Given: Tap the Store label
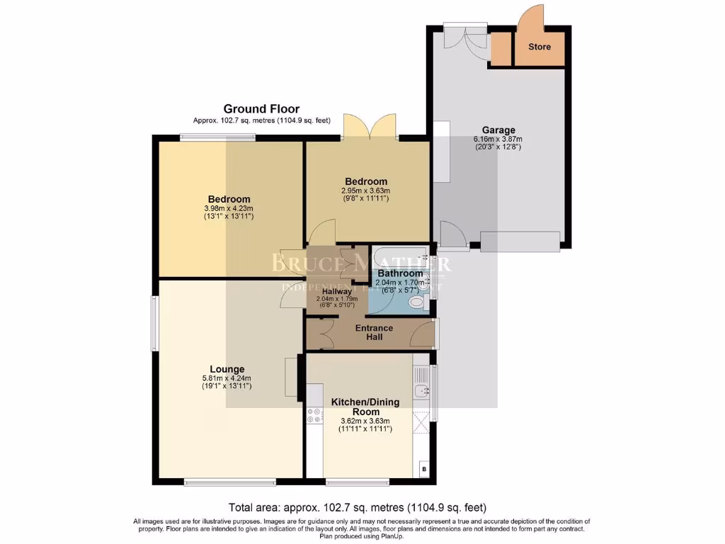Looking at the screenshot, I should tap(540, 47).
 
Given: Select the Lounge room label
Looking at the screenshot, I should tap(227, 369).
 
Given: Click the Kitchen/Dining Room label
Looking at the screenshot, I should tap(365, 407).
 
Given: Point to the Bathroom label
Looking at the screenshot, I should tap(400, 273).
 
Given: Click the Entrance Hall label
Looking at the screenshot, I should tap(374, 332).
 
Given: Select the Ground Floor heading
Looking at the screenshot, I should tap(261, 108).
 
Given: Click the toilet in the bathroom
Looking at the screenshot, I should tap(417, 303).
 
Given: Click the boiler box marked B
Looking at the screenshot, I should tap(424, 469).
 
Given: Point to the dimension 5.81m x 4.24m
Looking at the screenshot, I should tap(227, 378).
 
